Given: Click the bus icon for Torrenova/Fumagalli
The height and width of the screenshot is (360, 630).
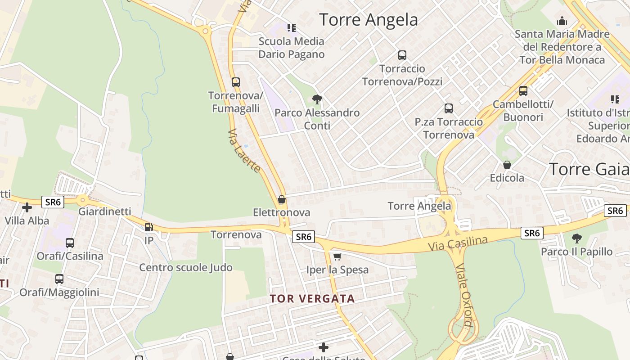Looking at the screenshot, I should [235, 82].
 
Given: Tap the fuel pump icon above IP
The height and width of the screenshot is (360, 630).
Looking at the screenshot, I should [148, 227].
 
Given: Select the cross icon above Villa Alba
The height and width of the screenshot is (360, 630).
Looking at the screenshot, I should [27, 207].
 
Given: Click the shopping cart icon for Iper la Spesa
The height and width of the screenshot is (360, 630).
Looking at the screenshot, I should [337, 256].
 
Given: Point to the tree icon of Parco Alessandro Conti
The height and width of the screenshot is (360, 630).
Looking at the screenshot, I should [317, 99].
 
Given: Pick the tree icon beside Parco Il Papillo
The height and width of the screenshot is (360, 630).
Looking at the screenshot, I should [576, 238].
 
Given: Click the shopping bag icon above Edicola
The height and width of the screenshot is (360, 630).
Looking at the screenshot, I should [507, 165].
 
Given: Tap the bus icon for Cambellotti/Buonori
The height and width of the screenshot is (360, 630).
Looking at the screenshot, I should [523, 91].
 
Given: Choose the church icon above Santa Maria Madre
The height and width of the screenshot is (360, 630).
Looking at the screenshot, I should [562, 21].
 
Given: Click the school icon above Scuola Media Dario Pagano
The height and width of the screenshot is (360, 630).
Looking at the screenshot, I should [292, 28].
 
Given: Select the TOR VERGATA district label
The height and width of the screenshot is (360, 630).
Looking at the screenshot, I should [312, 298].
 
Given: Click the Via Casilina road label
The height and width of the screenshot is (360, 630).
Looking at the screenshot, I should [458, 243].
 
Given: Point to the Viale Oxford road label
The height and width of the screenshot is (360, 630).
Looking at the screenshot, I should [464, 295].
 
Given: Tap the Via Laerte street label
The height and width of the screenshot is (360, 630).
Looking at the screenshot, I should [244, 151].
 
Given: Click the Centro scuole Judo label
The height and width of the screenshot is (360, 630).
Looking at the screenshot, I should [185, 267].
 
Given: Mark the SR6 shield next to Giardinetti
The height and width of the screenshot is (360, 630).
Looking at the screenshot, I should [53, 202].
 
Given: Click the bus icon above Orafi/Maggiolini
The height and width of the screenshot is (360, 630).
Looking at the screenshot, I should [59, 279].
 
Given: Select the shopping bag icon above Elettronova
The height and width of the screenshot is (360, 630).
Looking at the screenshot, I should [282, 199].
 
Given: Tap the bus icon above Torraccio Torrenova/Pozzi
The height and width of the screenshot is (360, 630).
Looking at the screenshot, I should [402, 55].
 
